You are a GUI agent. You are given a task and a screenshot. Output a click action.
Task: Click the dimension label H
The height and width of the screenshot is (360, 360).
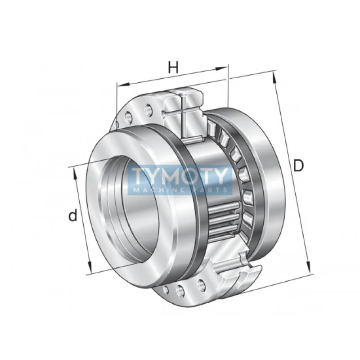click(173, 67)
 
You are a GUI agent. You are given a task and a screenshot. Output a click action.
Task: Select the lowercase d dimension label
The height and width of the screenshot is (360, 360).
click(73, 216)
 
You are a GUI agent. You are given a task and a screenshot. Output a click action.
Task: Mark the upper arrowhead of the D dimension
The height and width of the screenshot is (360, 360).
click(274, 77)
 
